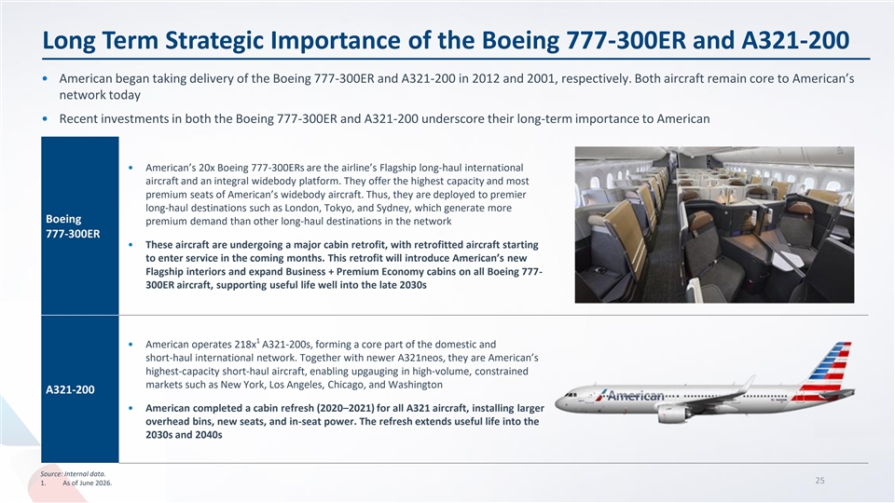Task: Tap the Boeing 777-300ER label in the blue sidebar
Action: (73, 226)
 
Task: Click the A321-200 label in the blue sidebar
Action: (70, 390)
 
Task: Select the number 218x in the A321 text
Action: (245, 345)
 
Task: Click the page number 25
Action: (819, 481)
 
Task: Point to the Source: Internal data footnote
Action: (73, 474)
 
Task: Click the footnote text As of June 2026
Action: (88, 483)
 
